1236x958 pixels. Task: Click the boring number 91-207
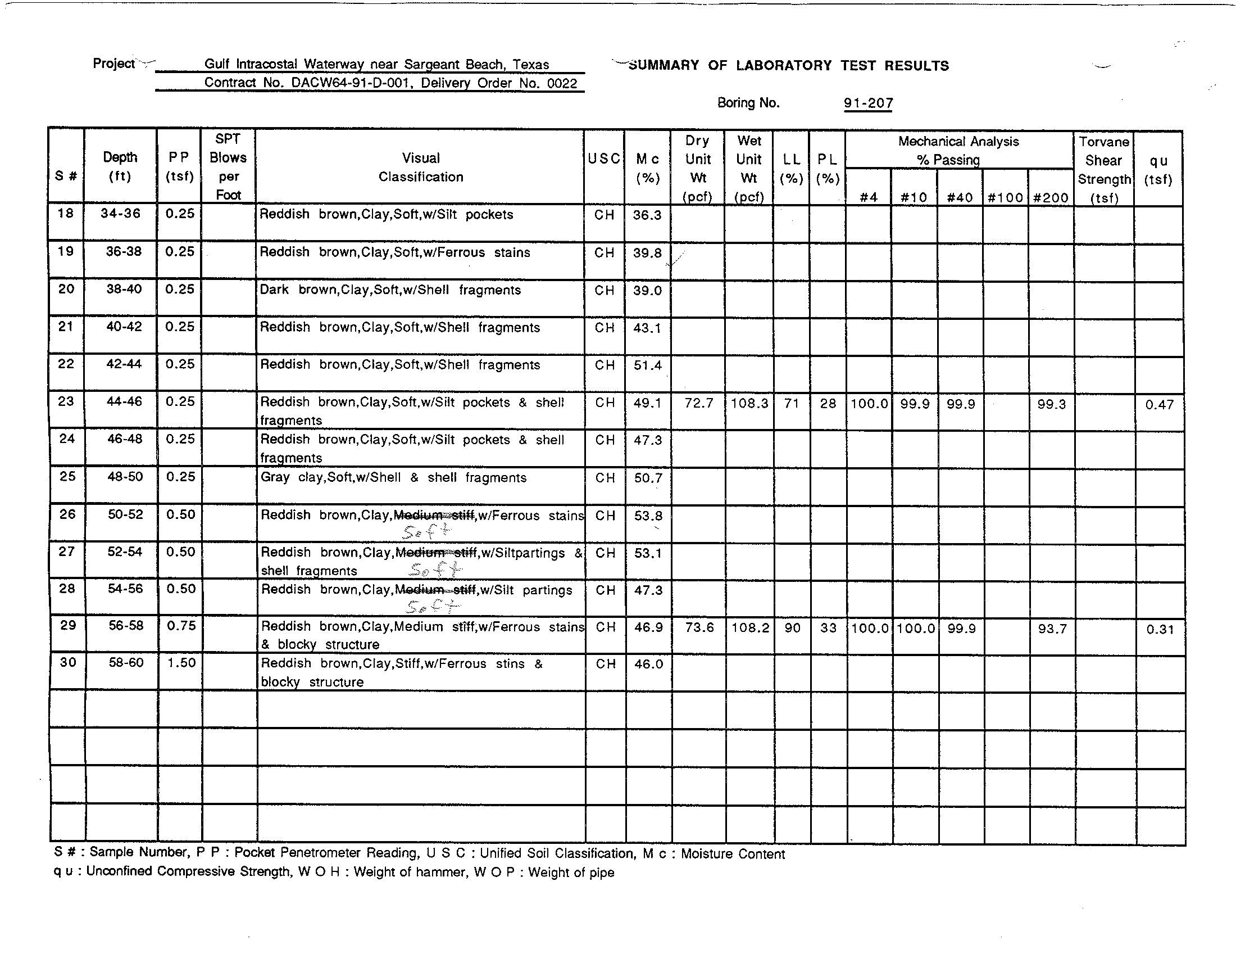point(868,103)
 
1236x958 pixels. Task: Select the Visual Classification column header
point(420,167)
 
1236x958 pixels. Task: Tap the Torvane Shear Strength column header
point(1103,169)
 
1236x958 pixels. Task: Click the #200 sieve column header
point(1051,197)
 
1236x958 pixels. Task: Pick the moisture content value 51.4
point(647,365)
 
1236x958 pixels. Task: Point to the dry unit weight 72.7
point(699,404)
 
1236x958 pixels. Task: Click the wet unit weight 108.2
point(750,628)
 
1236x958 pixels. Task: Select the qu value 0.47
point(1159,405)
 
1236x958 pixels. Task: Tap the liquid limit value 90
point(792,628)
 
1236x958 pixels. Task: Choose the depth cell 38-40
point(124,290)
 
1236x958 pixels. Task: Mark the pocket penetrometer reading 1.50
point(181,663)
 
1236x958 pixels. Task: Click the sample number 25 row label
point(67,477)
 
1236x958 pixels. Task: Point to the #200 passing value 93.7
point(1052,629)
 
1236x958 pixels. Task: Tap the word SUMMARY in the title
point(664,66)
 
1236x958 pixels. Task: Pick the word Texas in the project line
point(531,65)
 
